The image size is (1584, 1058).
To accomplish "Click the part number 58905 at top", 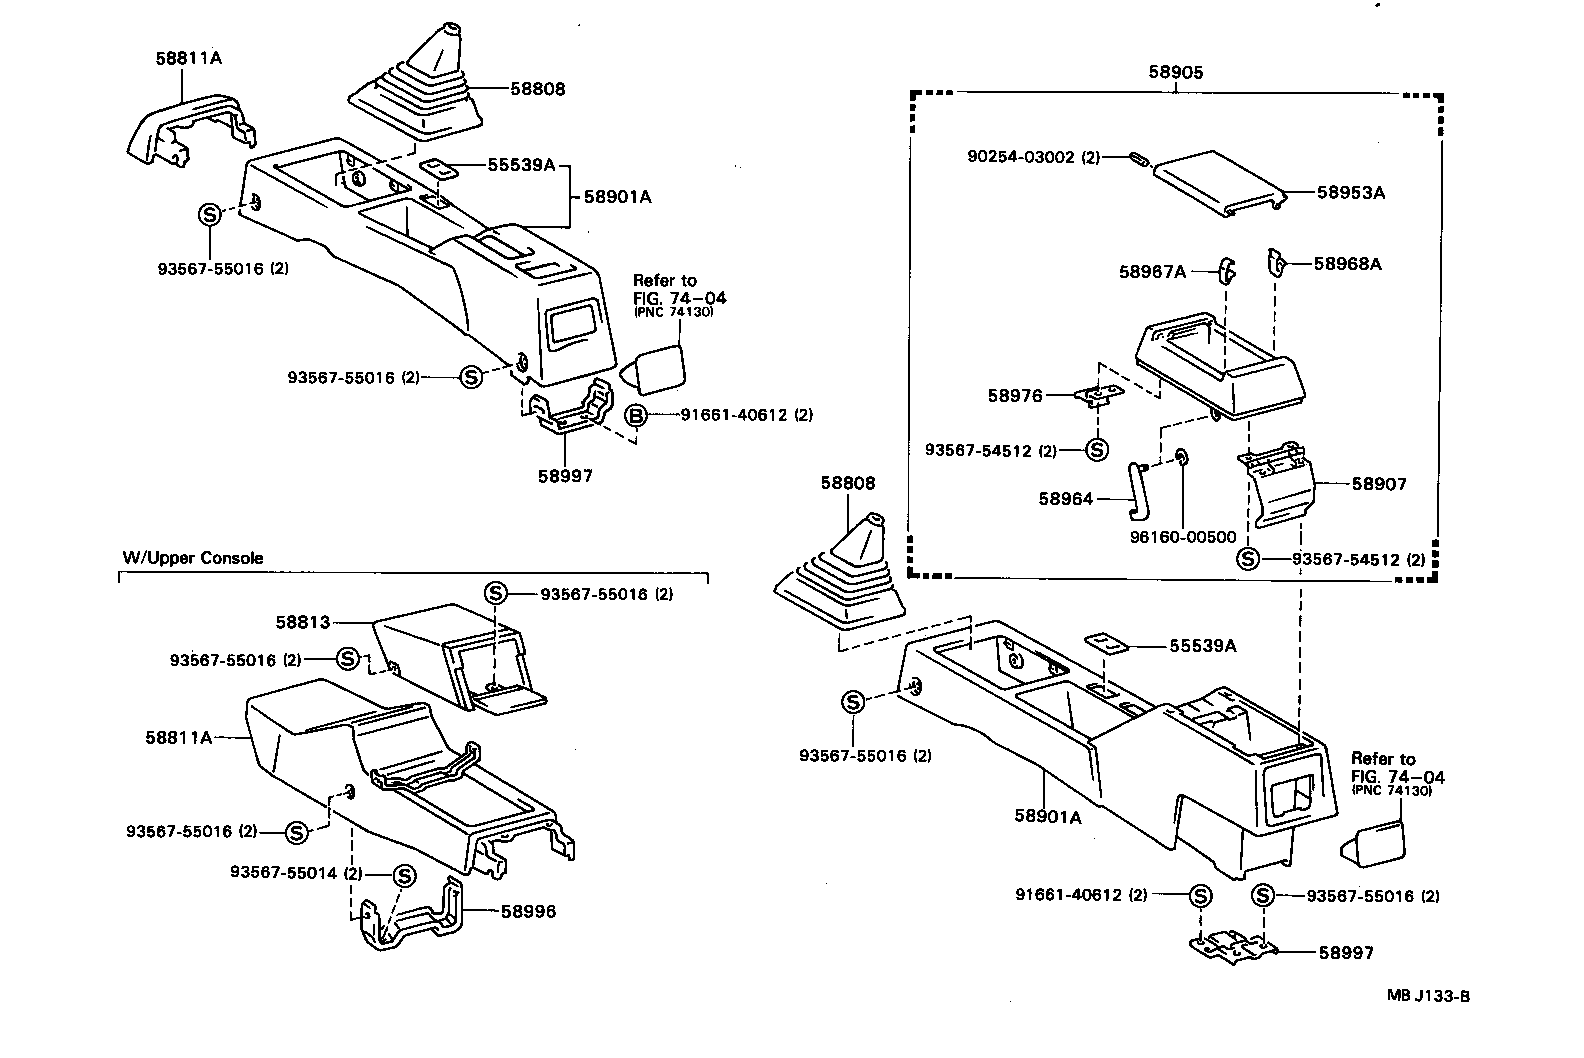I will tap(1175, 72).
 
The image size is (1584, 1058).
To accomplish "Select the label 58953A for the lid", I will tap(1350, 192).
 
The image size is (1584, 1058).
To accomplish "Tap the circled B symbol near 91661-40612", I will tap(635, 415).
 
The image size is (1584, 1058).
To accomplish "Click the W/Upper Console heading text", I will tap(193, 558).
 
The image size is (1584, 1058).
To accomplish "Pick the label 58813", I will tap(302, 622).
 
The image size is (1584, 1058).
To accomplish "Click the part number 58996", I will tap(528, 911).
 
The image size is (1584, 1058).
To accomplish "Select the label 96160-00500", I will tap(1183, 537).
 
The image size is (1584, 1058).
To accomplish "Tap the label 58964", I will tap(1065, 498).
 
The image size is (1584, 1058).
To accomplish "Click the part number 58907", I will tap(1379, 484).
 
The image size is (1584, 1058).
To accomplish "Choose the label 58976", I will tap(1015, 396).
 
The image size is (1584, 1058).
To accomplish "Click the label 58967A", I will tap(1152, 271).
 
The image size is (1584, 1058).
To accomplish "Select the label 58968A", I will tap(1347, 264).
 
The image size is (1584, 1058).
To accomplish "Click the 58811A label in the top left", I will tap(188, 58).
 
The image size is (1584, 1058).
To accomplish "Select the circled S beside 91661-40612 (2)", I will tap(1200, 896).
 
